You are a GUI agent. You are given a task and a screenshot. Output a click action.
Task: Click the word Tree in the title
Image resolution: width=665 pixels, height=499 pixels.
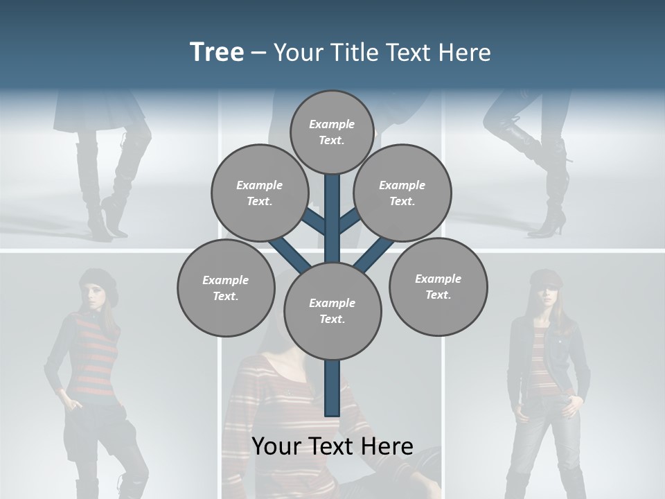click(x=217, y=53)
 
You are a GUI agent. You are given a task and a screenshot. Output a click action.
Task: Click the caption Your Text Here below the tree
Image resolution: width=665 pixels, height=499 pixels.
click(x=332, y=446)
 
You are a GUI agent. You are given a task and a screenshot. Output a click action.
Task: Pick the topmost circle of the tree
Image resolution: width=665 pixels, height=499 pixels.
click(x=332, y=132)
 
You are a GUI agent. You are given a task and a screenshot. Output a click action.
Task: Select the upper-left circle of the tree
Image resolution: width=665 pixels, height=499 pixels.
click(x=259, y=193)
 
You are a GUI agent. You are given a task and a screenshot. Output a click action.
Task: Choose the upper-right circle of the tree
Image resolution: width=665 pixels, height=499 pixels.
click(x=402, y=193)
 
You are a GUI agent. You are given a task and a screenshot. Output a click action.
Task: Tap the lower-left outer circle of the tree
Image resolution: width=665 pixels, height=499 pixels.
click(x=226, y=288)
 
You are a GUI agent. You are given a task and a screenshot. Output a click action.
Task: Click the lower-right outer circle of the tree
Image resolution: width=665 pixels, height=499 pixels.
click(x=438, y=286)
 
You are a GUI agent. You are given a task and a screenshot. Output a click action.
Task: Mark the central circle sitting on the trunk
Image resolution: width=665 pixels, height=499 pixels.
click(x=332, y=310)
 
